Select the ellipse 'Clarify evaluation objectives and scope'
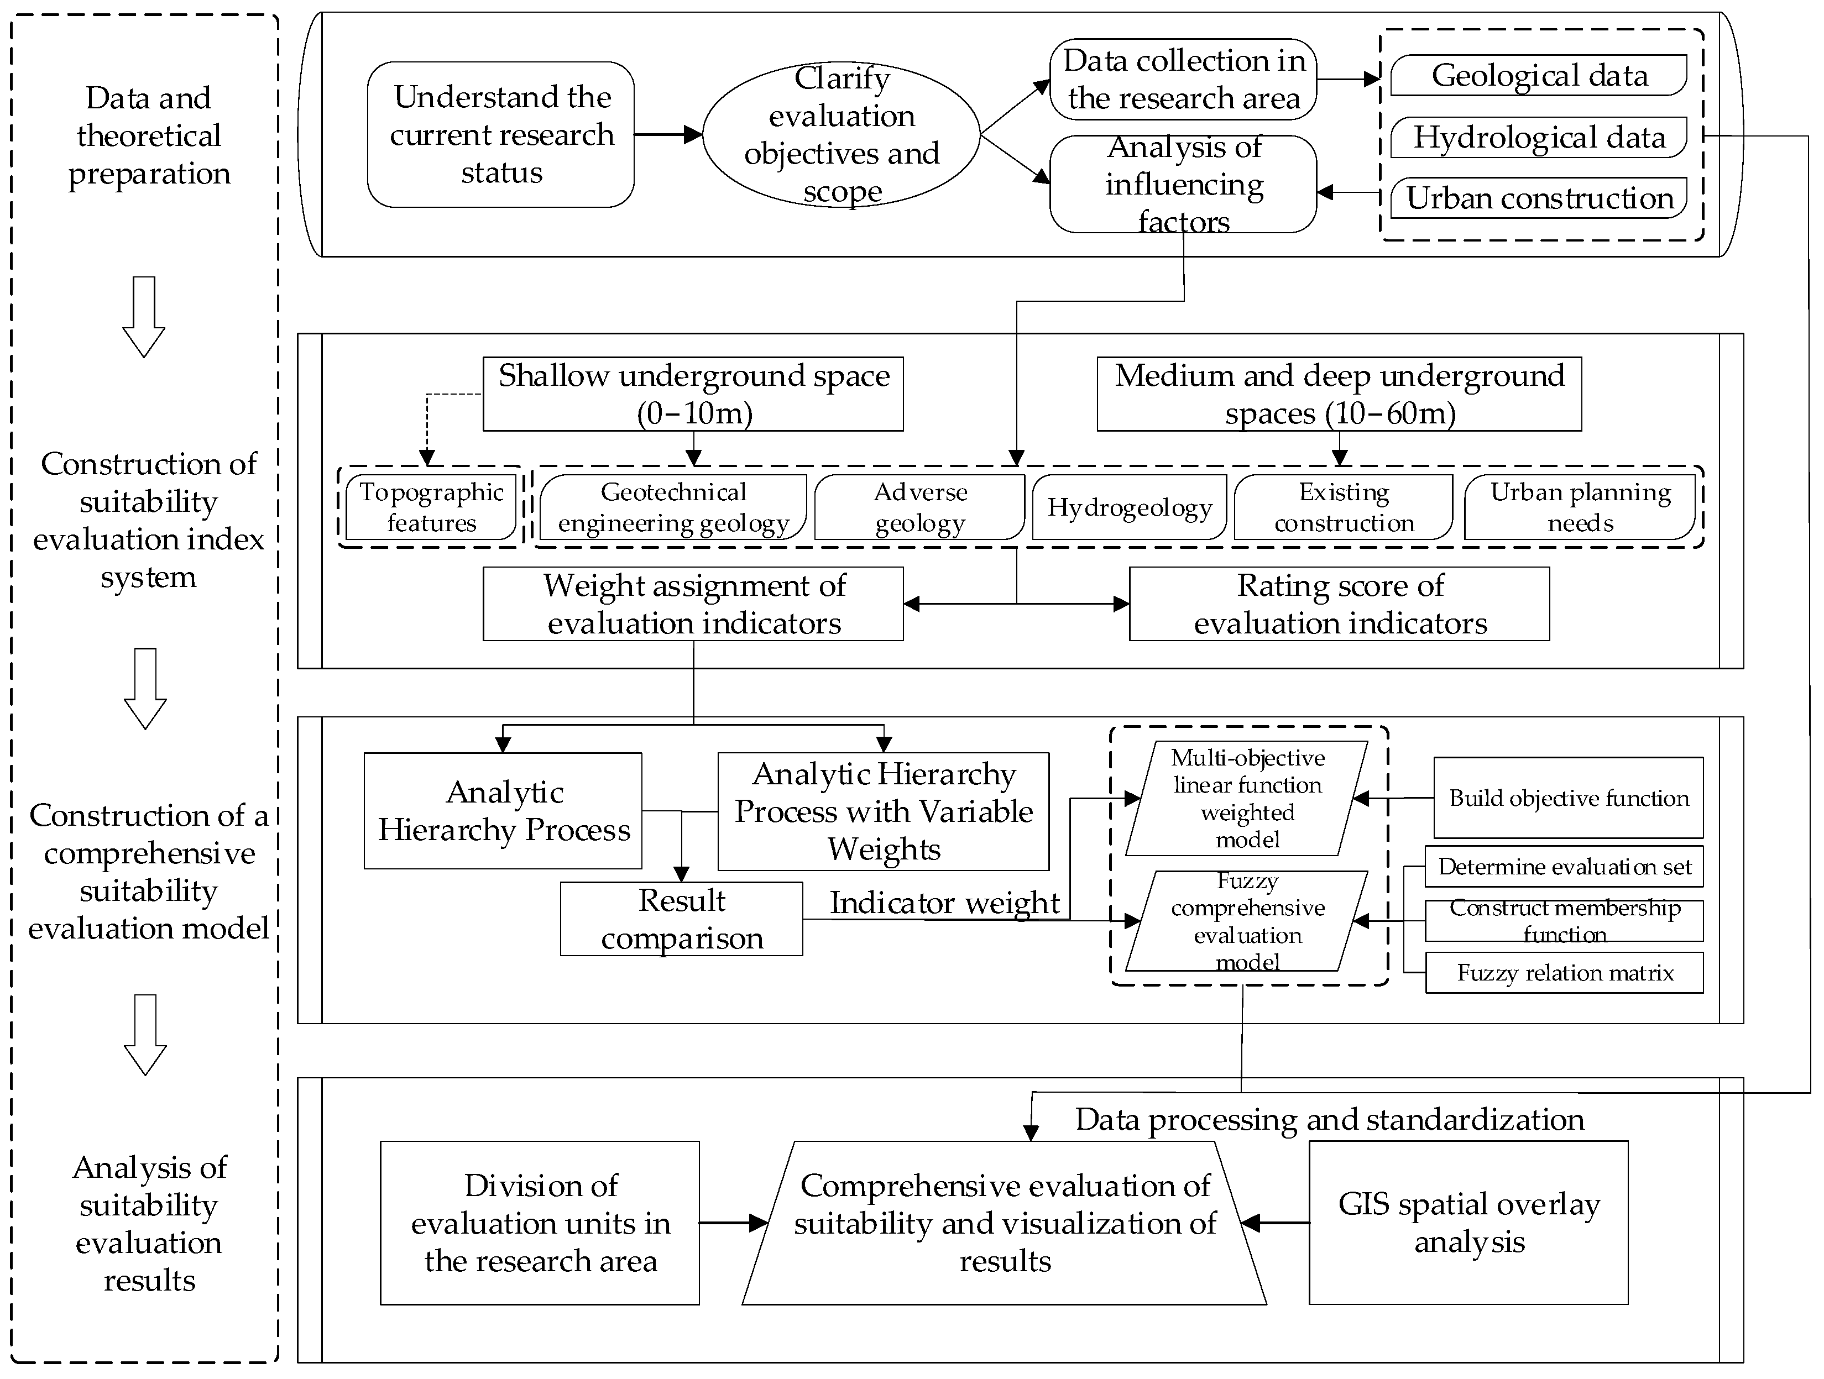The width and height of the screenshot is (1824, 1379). (x=841, y=134)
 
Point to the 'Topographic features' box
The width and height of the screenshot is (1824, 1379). (x=431, y=507)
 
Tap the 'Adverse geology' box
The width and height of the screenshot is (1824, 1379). (x=919, y=507)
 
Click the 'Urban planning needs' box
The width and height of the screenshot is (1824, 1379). (x=1579, y=507)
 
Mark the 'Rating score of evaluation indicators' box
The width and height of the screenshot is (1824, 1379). (x=1339, y=604)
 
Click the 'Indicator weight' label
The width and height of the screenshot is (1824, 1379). (x=944, y=903)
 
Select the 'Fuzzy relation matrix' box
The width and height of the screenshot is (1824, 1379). (x=1564, y=973)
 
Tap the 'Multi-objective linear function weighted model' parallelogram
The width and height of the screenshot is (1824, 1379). (x=1247, y=798)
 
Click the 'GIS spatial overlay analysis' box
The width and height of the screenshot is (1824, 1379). (x=1468, y=1223)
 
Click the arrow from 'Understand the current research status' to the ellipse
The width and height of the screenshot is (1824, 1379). (x=668, y=134)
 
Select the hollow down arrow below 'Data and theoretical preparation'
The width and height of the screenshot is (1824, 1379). (x=144, y=317)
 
